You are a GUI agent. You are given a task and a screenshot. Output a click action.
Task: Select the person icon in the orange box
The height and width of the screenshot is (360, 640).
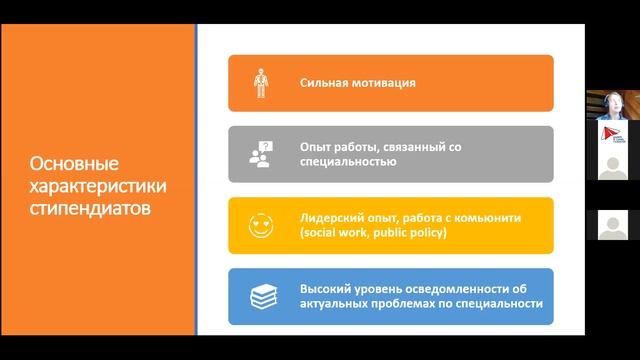click(258, 83)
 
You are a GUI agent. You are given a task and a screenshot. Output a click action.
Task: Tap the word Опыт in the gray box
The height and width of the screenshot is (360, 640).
click(315, 146)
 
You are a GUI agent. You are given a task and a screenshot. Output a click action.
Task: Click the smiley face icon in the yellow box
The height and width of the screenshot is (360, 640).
click(258, 225)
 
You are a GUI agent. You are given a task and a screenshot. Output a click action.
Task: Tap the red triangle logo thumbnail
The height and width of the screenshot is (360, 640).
click(611, 135)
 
